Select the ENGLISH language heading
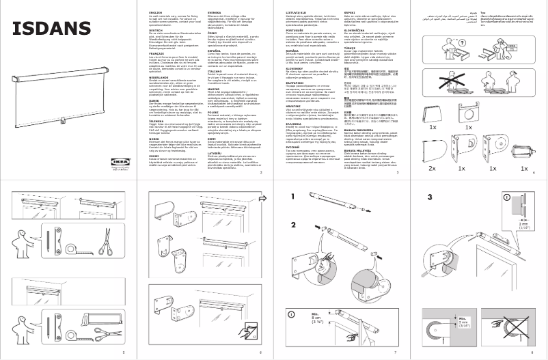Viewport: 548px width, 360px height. click(x=154, y=12)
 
